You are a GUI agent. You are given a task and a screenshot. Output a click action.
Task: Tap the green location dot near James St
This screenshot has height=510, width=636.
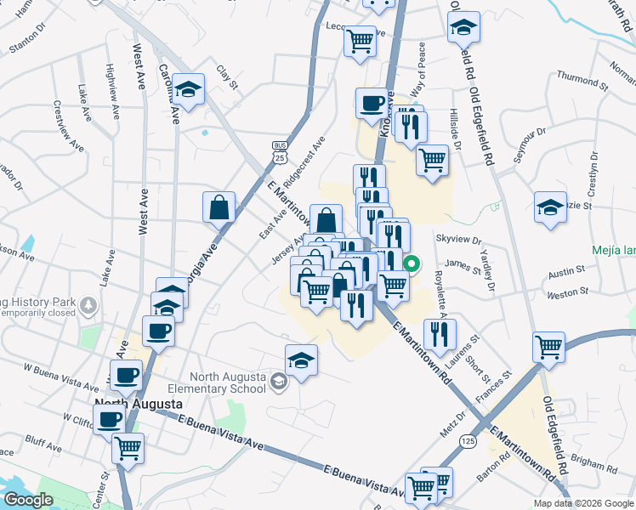(x=412, y=264)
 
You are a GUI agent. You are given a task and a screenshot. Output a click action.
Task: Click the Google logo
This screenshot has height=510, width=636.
(x=28, y=500)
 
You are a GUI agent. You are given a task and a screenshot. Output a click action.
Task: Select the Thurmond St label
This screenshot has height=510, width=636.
(x=582, y=82)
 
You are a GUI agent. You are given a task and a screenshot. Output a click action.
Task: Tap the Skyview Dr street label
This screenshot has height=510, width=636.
(x=458, y=241)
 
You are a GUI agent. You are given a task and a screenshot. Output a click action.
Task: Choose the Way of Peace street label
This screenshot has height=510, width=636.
(x=420, y=65)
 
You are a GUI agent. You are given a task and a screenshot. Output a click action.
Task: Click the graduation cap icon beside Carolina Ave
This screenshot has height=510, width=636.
(x=190, y=88)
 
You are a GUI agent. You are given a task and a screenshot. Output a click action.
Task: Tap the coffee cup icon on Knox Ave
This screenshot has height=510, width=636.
(x=372, y=104)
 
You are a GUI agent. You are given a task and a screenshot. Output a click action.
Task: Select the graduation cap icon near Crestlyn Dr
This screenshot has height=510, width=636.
(x=550, y=207)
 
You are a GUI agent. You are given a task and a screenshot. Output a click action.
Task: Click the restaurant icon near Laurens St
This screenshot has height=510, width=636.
(x=440, y=334)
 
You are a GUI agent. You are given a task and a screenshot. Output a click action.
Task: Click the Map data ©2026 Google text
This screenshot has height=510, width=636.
(x=584, y=503)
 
